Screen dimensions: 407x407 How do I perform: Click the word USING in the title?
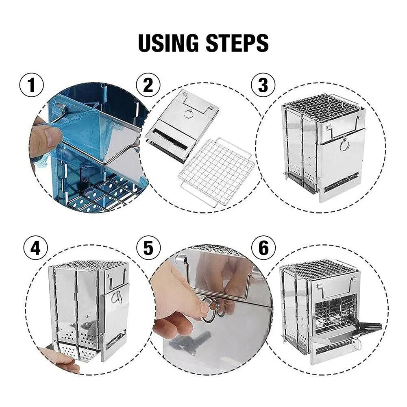[x=170, y=43]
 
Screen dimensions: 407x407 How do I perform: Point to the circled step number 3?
[x=263, y=86]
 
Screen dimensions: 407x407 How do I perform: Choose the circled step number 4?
[x=35, y=248]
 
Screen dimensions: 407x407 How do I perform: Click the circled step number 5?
[x=148, y=248]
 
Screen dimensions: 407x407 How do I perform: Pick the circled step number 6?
[x=263, y=248]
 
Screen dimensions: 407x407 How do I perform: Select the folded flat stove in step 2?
[x=182, y=124]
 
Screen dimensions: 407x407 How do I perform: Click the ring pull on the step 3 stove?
[x=344, y=144]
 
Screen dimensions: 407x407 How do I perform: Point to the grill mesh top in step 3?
[x=321, y=107]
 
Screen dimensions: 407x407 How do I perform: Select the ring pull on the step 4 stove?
[x=117, y=297]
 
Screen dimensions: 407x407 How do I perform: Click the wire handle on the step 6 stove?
[x=335, y=287]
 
